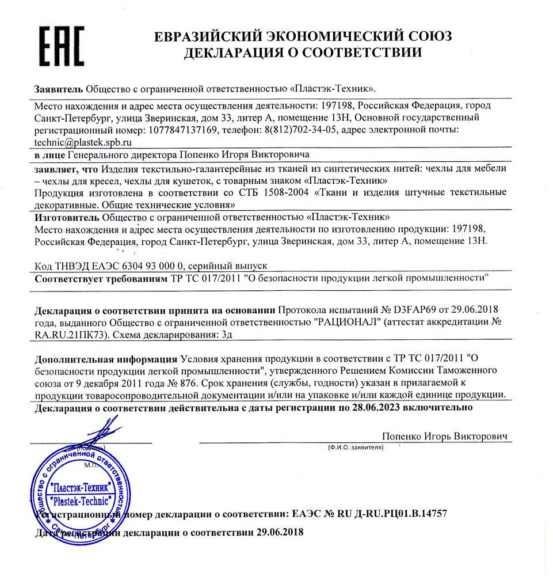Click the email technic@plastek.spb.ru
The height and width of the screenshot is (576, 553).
coord(83,142)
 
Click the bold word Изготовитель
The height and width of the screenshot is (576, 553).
coord(67,217)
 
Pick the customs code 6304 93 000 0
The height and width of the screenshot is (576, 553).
coord(144,266)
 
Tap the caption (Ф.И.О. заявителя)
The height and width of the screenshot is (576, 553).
coord(356,447)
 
